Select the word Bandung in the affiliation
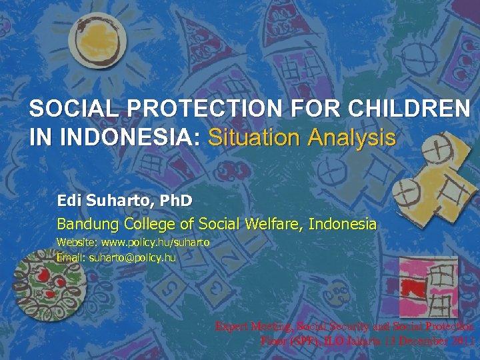pos(83,224)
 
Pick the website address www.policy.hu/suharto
pos(155,243)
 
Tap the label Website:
pos(77,243)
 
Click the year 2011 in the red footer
pos(461,341)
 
